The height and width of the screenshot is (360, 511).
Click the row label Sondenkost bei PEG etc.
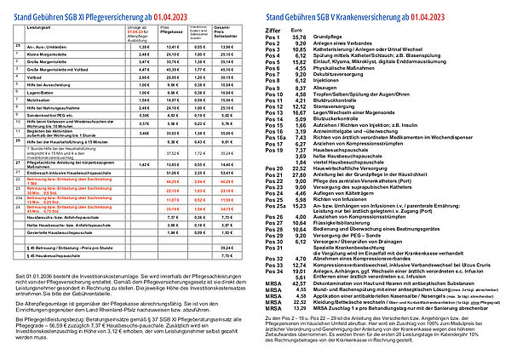[x=47, y=116]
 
